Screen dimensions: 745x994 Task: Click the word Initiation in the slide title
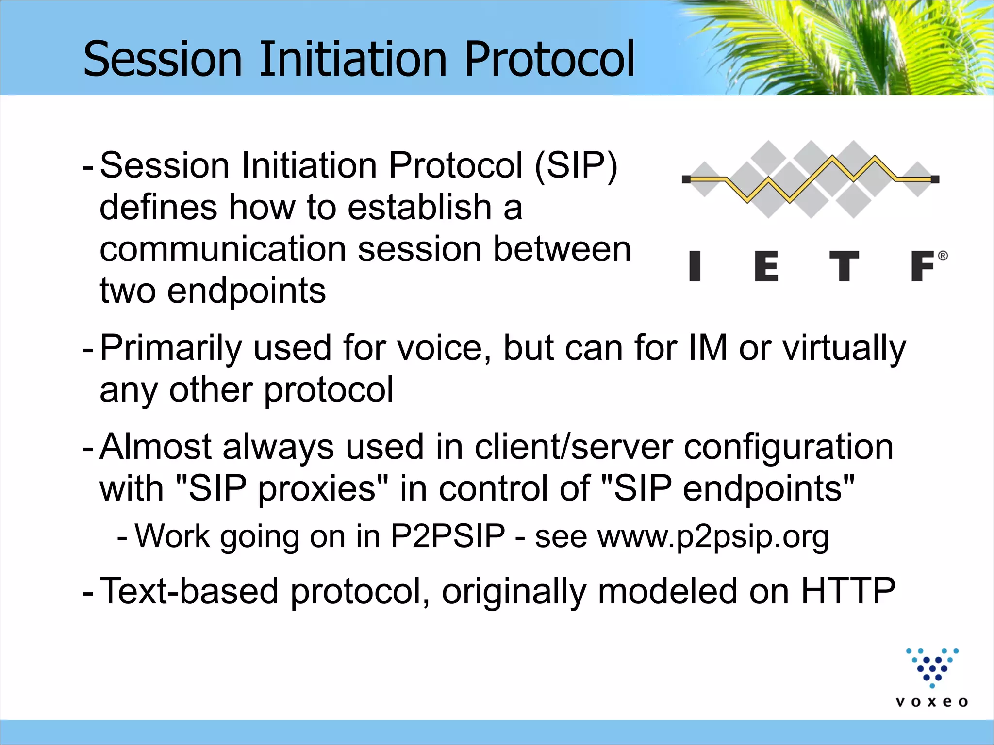pos(353,59)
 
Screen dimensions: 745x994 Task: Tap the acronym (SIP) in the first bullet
pos(576,165)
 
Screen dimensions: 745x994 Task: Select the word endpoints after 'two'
pos(246,291)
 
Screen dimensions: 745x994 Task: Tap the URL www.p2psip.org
pos(713,537)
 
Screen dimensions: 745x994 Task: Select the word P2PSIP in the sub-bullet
pos(448,536)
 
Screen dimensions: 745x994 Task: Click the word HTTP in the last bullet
pos(848,591)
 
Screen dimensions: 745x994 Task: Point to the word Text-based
pos(189,591)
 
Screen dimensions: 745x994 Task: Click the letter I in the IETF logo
pos(695,266)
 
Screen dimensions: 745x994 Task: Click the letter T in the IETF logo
pos(844,266)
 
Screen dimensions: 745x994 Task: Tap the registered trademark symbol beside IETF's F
pos(943,256)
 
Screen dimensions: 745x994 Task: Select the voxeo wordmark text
pos(932,702)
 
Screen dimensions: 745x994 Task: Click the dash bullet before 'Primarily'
pos(88,349)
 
